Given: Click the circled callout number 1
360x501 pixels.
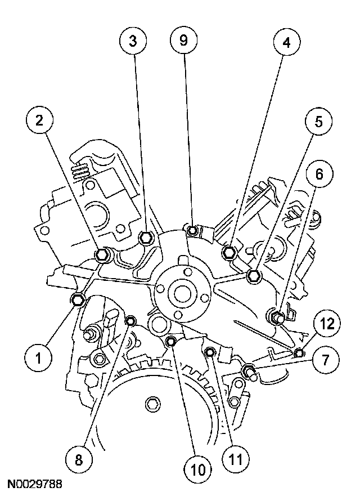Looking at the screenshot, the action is tap(38, 359).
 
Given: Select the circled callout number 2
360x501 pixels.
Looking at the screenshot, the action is tap(39, 121).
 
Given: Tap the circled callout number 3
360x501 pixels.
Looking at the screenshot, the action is tap(133, 41).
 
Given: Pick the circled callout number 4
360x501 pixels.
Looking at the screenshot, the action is tap(287, 42).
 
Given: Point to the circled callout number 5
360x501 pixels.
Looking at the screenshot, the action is tap(318, 122).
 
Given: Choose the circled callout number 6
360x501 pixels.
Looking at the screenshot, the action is tap(319, 174).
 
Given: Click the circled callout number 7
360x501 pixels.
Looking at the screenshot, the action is tap(326, 360).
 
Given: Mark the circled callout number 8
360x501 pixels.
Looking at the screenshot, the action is tap(79, 460).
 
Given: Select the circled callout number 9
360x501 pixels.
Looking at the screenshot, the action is tap(183, 41).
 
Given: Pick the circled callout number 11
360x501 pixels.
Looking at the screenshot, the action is tap(236, 460).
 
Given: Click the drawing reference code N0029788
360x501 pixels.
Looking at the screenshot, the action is tap(34, 484).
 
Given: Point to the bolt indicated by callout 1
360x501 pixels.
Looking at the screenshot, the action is tap(78, 299).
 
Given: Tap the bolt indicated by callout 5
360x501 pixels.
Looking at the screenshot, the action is tap(254, 276).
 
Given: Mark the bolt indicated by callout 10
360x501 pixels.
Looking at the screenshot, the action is tap(172, 342).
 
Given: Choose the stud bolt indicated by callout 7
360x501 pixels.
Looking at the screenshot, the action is tap(250, 372).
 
